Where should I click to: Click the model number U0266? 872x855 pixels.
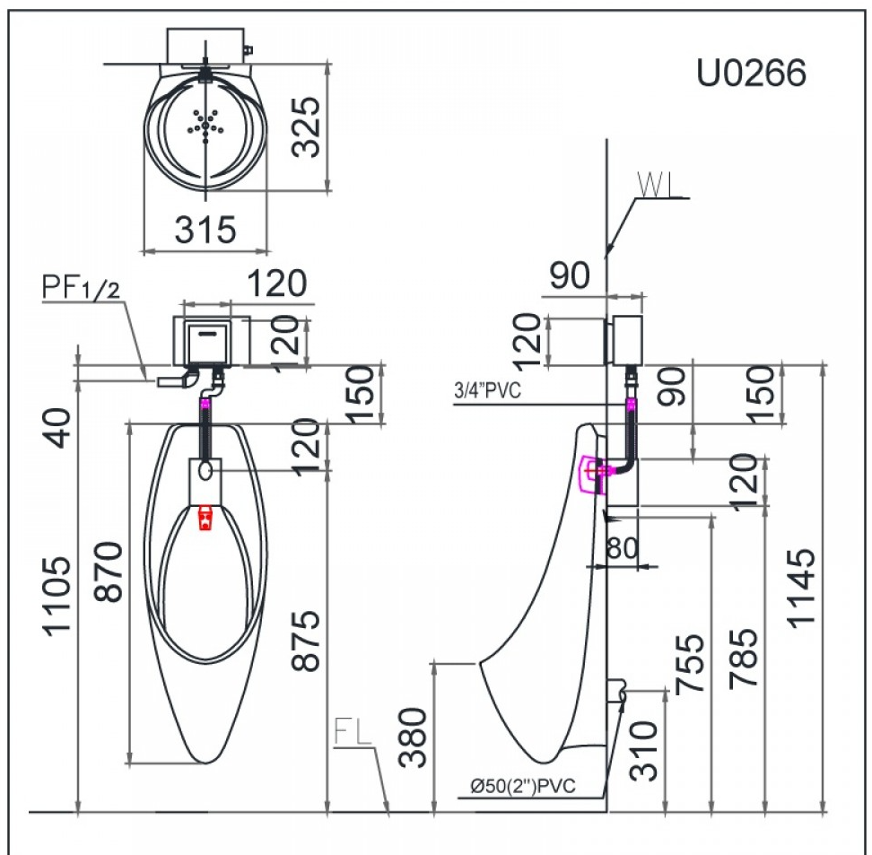point(751,73)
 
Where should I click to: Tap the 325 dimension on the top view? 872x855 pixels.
point(307,127)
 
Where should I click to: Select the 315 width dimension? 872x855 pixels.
point(205,229)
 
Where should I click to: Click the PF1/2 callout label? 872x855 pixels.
point(81,288)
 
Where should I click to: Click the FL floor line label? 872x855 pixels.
point(353,731)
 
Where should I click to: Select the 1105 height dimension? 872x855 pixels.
point(57,595)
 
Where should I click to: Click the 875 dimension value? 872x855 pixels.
point(307,641)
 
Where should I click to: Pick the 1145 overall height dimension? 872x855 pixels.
point(801,589)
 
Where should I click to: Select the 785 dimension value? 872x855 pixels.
point(743,659)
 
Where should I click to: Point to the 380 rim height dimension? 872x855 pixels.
point(414,737)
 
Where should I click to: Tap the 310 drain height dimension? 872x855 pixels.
point(643,752)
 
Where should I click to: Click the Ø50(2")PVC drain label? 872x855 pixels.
point(523,786)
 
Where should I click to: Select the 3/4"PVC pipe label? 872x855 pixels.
point(488,390)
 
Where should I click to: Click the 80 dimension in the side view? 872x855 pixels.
point(622,548)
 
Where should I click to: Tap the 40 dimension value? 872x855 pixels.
point(57,428)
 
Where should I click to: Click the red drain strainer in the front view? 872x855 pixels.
point(205,518)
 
